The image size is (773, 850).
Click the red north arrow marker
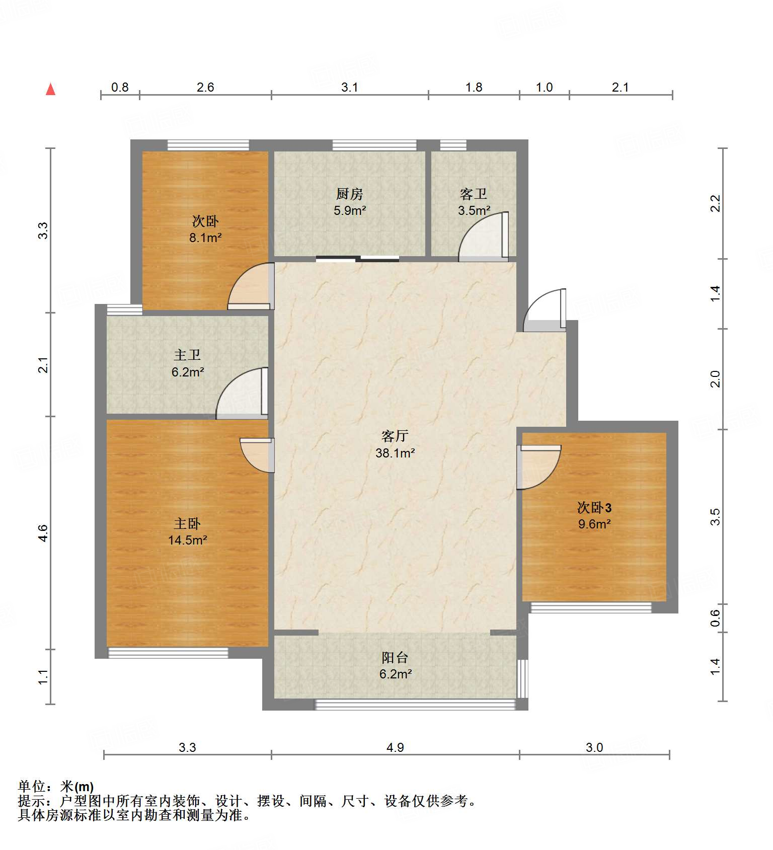[x=50, y=90]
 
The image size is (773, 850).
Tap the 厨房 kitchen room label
[x=350, y=202]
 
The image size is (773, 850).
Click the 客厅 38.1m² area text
[x=395, y=444]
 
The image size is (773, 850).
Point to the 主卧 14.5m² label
[x=187, y=532]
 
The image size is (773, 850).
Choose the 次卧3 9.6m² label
[x=594, y=516]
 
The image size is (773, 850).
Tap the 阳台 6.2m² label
[x=395, y=666]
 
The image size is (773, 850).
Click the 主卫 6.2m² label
[x=187, y=363]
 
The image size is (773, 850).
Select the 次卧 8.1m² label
[x=205, y=229]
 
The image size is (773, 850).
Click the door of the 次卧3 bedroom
[x=538, y=466]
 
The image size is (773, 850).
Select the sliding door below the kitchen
[x=358, y=259]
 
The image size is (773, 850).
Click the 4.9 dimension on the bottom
[x=395, y=747]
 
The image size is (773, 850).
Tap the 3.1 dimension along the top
[x=349, y=88]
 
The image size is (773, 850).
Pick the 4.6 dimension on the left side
[x=43, y=533]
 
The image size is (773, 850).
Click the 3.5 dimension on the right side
[x=715, y=517]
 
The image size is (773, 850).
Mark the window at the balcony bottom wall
[x=415, y=704]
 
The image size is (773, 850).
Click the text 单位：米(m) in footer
[x=56, y=787]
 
